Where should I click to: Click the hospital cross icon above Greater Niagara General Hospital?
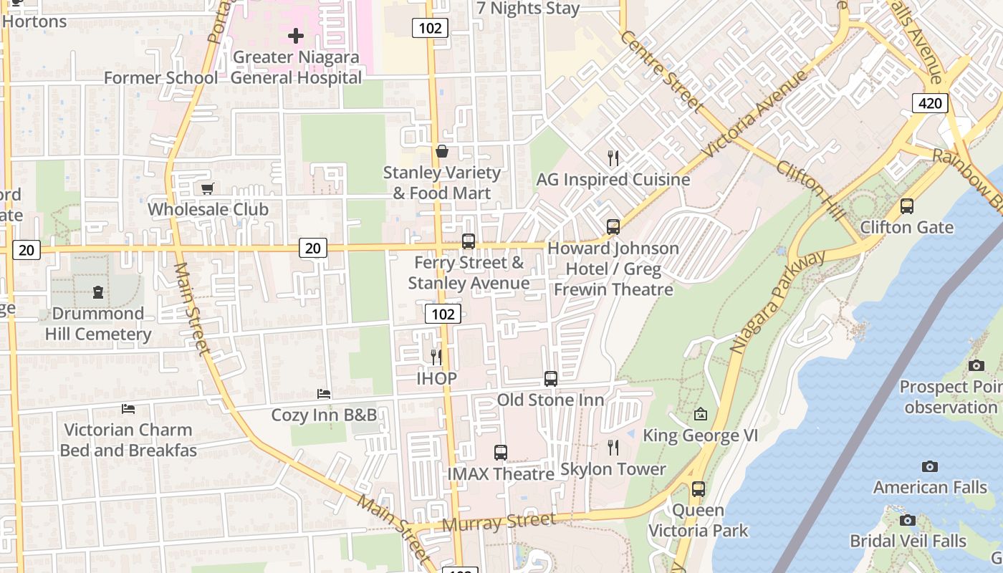click(296, 35)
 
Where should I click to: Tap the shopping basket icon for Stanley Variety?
click(442, 152)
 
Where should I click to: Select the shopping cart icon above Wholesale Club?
click(207, 188)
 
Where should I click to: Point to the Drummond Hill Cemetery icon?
click(98, 292)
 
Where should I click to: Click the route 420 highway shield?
click(930, 103)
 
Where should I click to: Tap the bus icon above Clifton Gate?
click(907, 206)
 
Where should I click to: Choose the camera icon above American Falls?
click(929, 466)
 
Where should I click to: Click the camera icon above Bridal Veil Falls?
click(907, 520)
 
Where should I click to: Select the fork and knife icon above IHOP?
click(436, 357)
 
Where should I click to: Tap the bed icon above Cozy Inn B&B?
click(324, 394)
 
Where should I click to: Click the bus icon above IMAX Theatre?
click(501, 453)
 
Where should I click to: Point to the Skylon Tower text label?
click(613, 469)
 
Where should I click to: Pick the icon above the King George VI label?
click(700, 414)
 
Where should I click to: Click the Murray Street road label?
click(499, 522)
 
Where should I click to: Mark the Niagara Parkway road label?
click(777, 301)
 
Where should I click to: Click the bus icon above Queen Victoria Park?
click(698, 489)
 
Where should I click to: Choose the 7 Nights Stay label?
click(528, 9)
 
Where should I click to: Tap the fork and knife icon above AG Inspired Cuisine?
click(613, 158)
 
